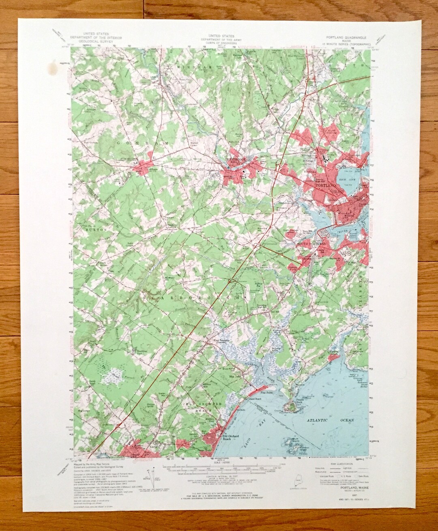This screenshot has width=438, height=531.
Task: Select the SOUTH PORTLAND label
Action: (311, 244)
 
